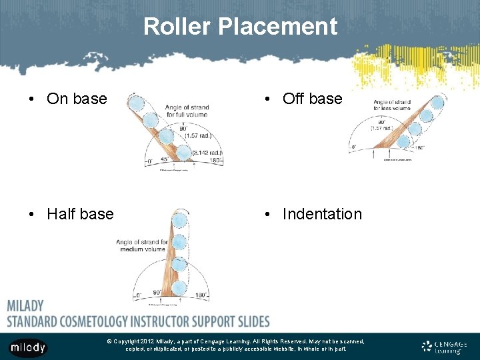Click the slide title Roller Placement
[x=240, y=27]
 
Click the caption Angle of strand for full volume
[x=186, y=111]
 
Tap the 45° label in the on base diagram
[x=165, y=159]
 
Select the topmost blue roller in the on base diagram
[x=136, y=104]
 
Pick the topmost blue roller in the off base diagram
[x=437, y=103]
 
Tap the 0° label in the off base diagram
[x=355, y=147]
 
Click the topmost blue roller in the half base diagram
[x=179, y=220]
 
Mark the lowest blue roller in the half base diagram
[x=179, y=287]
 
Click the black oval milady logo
[x=27, y=347]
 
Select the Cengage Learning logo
[x=444, y=347]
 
